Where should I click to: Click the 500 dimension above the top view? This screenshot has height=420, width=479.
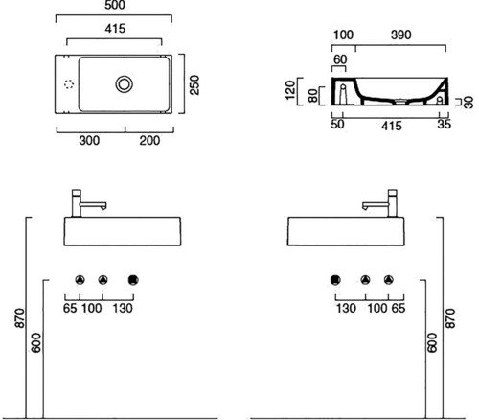click(115, 5)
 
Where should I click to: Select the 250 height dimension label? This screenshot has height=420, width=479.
click(194, 84)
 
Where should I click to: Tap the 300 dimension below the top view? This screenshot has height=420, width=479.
click(89, 140)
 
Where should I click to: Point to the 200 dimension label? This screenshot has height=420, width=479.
click(149, 140)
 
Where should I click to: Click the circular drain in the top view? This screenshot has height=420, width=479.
click(124, 84)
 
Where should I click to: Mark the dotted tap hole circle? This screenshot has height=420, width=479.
click(69, 84)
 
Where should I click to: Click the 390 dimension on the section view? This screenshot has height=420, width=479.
click(400, 35)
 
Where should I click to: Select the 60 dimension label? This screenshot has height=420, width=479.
click(340, 59)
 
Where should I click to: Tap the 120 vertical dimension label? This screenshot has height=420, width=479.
click(290, 90)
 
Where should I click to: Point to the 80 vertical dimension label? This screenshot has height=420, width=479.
click(313, 96)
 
